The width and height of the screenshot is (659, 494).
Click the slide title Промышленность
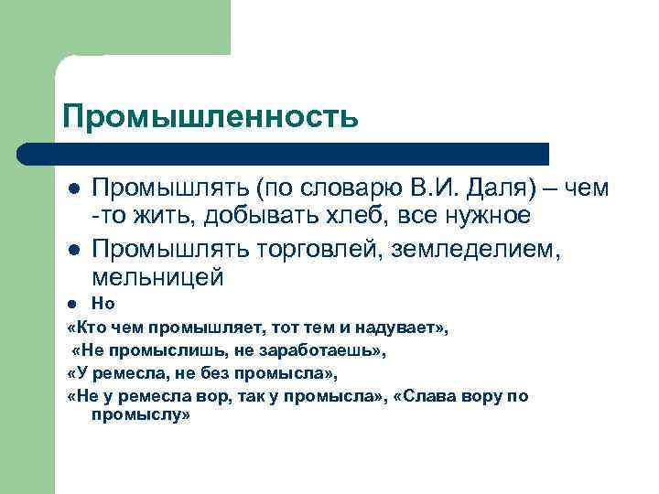pos(209,116)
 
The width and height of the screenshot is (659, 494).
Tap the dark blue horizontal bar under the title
pos(284,154)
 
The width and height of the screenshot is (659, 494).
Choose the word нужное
pos(486,216)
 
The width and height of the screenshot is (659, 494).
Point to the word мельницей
pos(157,274)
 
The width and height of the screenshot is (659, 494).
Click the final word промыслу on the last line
pos(139,414)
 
